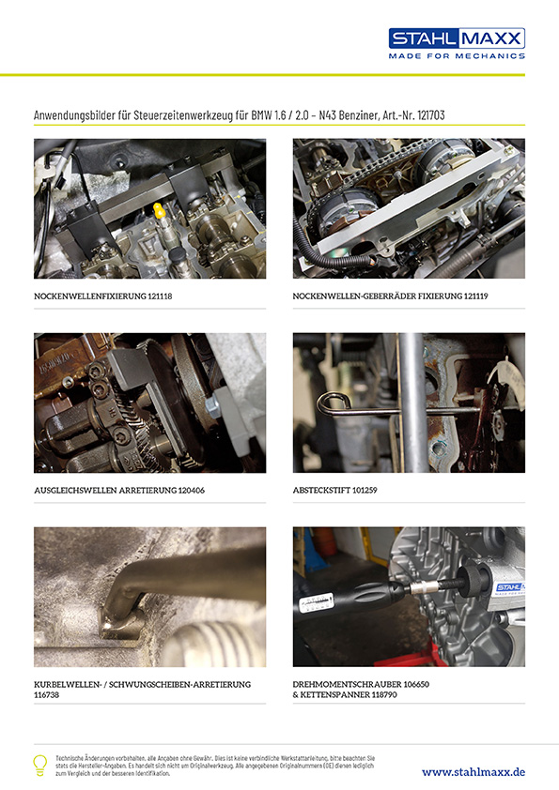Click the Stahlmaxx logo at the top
[x=457, y=43]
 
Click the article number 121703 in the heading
[x=431, y=115]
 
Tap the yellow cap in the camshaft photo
[x=160, y=210]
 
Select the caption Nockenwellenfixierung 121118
[x=103, y=296]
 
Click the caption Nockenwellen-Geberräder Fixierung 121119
[x=390, y=296]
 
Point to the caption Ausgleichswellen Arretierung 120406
[x=119, y=490]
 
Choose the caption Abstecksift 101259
[x=335, y=490]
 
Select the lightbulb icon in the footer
[x=39, y=765]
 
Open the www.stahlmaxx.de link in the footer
[x=474, y=772]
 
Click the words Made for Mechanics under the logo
[x=457, y=56]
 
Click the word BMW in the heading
[x=260, y=115]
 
